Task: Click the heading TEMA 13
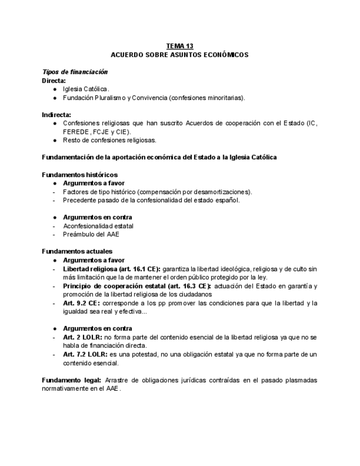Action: [180, 46]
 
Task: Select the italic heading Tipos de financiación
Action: [75, 72]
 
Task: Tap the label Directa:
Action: [54, 81]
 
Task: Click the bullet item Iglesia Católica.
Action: [86, 89]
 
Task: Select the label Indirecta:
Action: [57, 115]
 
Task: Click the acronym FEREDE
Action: [76, 132]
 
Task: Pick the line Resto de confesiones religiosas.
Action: [109, 140]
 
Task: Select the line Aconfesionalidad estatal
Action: [98, 226]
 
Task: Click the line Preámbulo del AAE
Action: [91, 234]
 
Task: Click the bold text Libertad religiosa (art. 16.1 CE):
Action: [112, 269]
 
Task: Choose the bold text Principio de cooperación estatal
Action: [113, 286]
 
